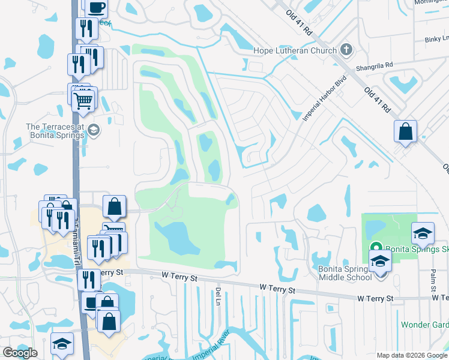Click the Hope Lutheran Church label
[x=296, y=50]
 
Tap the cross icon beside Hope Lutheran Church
[x=346, y=50]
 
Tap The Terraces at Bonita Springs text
[x=55, y=131]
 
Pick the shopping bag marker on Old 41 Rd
[x=406, y=131]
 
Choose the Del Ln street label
[x=217, y=296]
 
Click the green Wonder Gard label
[x=424, y=325]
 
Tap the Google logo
[x=20, y=353]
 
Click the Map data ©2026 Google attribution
[x=412, y=355]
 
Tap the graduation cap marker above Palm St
[x=423, y=233]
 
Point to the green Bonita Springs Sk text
[x=417, y=249]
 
